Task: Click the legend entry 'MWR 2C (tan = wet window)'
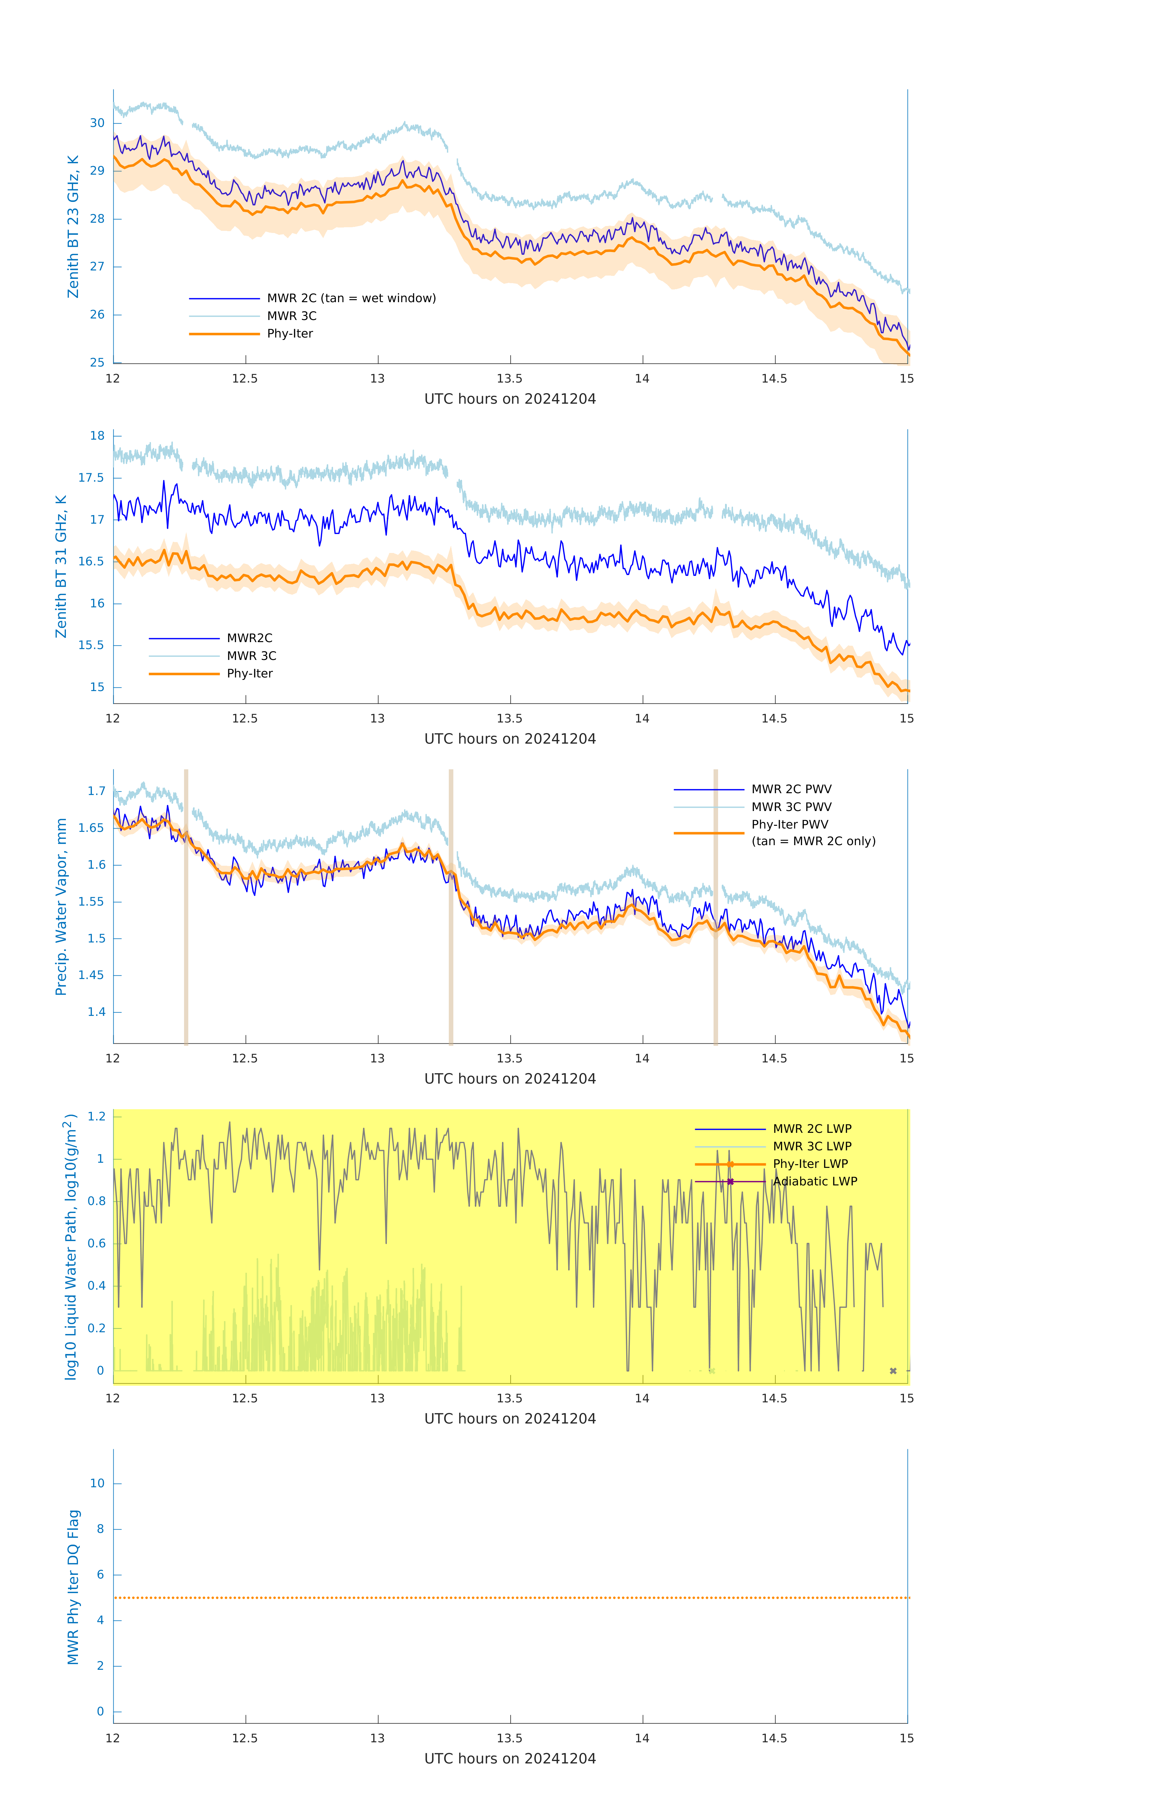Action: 351,298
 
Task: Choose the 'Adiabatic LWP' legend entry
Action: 815,1182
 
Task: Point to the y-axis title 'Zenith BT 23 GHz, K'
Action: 73,227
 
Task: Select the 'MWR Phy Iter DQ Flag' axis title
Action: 73,1587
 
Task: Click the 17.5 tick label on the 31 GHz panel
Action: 91,478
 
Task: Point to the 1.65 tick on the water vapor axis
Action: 91,828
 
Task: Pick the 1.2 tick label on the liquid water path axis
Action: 96,1117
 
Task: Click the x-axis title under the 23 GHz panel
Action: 510,399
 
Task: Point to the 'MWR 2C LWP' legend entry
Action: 812,1129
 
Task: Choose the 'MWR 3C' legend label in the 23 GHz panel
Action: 291,316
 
